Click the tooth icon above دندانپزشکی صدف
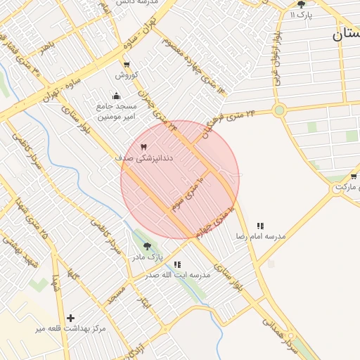144,146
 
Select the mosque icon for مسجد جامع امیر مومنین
115,96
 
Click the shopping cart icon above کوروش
126,65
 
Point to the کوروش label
127,75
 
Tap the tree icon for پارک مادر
147,245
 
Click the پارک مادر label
146,257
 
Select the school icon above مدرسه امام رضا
260,226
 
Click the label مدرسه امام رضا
261,236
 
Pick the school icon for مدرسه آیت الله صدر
177,264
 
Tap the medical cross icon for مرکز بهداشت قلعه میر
70,318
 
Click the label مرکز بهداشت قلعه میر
73,328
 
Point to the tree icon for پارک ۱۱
302,4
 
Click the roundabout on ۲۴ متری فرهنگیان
280,110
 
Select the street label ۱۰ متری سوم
186,195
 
